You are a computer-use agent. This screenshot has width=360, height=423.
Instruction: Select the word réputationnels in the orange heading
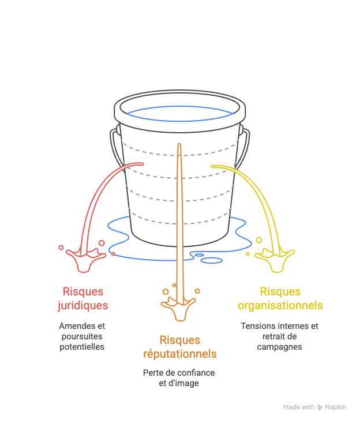179,353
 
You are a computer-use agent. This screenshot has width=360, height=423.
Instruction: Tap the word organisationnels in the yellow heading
280,305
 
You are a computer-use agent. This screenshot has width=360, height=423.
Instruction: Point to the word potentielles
82,347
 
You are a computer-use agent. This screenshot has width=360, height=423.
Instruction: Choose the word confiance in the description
194,373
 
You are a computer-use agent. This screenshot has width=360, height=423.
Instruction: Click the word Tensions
258,326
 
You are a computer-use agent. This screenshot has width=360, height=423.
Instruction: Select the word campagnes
279,347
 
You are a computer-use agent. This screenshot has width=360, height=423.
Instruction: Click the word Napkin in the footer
335,407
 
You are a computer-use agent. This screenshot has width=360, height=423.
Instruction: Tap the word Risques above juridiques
83,292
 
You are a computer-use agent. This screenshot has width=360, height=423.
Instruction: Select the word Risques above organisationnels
280,292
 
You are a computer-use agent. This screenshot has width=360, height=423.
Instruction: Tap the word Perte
153,373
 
